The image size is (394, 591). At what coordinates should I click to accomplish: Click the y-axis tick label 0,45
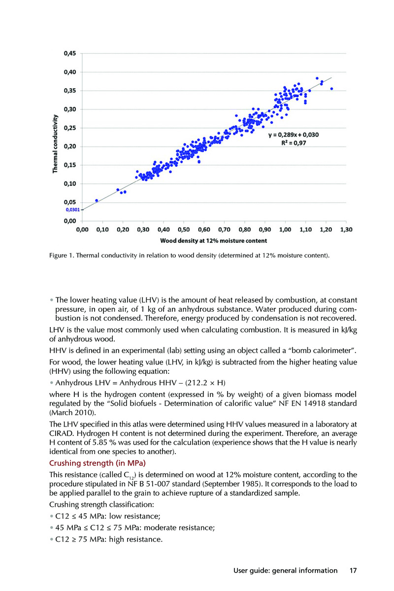[x=68, y=54]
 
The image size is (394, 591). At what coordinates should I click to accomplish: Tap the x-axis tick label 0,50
[x=183, y=230]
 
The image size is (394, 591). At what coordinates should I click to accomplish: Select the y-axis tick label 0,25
[x=68, y=128]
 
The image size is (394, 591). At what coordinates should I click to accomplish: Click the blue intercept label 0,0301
[x=72, y=210]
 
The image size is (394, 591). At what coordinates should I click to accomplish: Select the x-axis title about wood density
[x=213, y=241]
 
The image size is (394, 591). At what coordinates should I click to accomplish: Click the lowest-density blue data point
[x=97, y=200]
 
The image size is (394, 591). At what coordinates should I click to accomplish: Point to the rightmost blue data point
[x=331, y=89]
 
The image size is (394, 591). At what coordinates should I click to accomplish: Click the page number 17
[x=353, y=571]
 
